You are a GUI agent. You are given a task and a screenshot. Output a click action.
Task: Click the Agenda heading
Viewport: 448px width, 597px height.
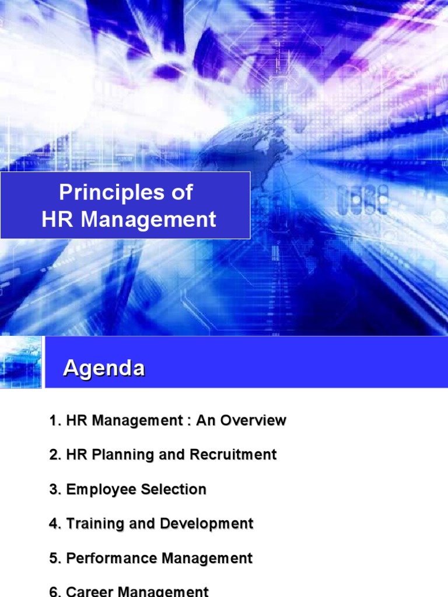point(104,368)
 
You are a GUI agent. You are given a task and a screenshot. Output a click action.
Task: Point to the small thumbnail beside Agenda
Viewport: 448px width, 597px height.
point(21,362)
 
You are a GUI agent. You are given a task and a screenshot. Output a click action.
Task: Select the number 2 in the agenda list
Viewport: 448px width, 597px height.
point(54,455)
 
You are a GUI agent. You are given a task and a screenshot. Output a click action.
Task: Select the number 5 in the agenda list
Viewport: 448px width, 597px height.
point(54,558)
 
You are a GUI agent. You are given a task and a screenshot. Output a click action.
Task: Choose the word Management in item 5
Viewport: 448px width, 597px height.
point(207,558)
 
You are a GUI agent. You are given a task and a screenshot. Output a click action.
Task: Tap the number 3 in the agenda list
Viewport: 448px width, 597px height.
point(54,489)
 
